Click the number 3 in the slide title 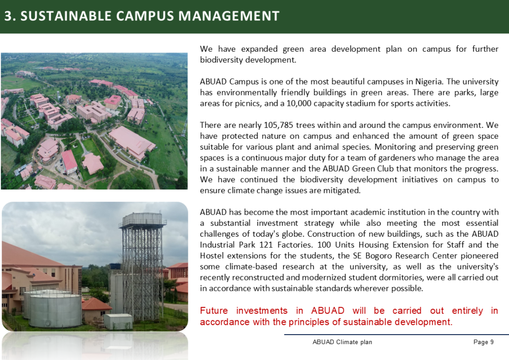pos(8,16)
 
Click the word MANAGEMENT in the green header pos(229,16)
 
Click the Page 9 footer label pos(483,342)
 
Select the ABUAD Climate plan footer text pos(342,342)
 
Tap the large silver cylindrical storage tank pos(56,309)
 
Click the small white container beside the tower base pos(118,321)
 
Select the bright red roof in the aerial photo pos(70,161)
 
